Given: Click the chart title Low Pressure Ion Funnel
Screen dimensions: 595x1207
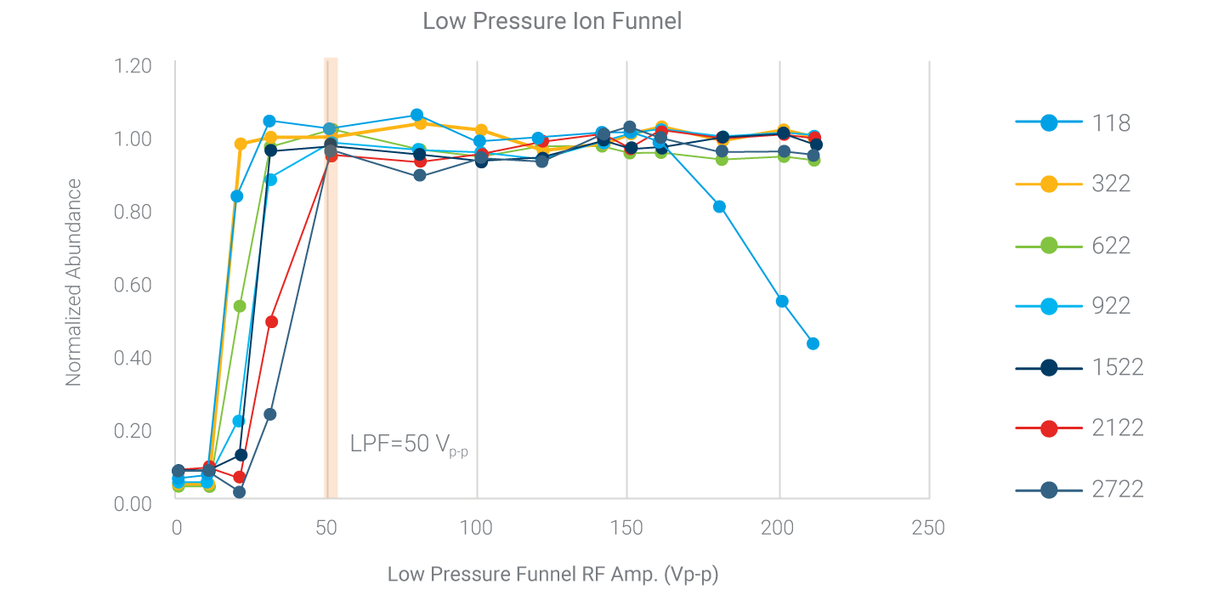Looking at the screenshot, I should click(552, 21).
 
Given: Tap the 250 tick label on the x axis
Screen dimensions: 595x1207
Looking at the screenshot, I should click(927, 529).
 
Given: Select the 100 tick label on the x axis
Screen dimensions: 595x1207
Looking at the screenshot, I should click(477, 529).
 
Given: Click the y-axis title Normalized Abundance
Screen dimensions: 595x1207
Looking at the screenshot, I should click(75, 283).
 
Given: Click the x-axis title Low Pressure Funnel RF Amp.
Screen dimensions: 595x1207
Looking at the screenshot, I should click(552, 575).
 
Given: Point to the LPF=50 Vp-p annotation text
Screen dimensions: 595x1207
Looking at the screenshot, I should click(408, 445).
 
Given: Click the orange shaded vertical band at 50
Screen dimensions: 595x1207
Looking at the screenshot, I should click(331, 255).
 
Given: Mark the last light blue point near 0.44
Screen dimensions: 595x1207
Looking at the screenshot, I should click(813, 343).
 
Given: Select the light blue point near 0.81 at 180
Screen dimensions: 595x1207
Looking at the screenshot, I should click(719, 207).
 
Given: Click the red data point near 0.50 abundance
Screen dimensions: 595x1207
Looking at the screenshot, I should click(272, 321).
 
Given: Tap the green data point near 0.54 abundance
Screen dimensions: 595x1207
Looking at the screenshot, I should click(240, 306).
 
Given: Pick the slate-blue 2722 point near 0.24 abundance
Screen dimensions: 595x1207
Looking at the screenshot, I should click(269, 414).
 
